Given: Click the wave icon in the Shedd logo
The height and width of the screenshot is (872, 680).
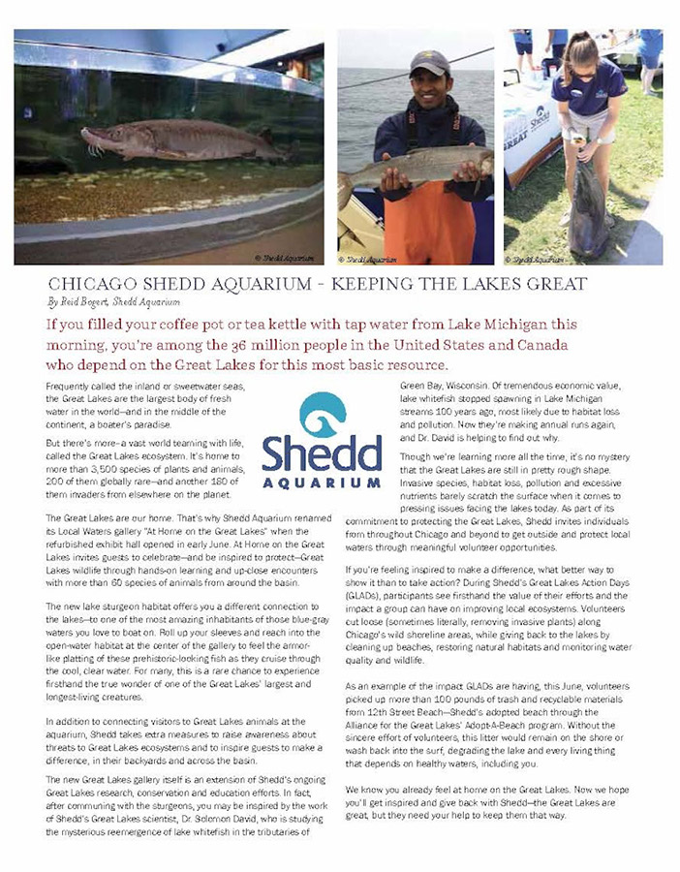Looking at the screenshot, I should pyautogui.click(x=322, y=413).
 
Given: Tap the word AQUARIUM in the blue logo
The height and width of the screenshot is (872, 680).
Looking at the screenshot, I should pyautogui.click(x=322, y=482).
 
